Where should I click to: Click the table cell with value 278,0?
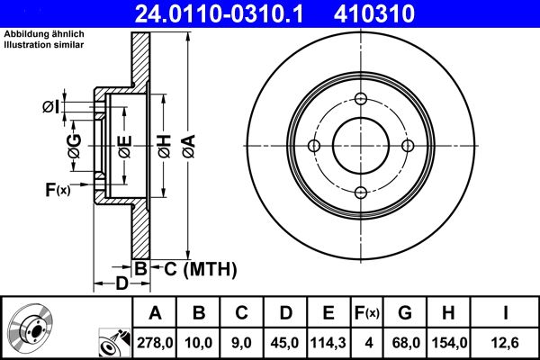click(155, 340)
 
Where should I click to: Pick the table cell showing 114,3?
click(328, 340)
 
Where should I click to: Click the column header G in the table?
click(404, 313)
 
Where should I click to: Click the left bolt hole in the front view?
click(314, 147)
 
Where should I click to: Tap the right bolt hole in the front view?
click(407, 147)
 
